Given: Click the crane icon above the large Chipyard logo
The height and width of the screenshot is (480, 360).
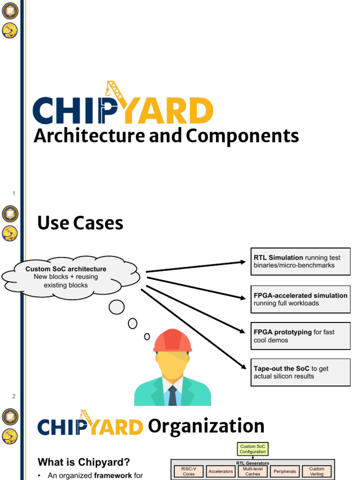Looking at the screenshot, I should pyautogui.click(x=114, y=91).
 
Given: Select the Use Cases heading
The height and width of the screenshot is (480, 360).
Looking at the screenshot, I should pyautogui.click(x=80, y=223).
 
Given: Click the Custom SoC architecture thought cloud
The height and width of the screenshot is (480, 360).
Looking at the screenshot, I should pyautogui.click(x=66, y=277).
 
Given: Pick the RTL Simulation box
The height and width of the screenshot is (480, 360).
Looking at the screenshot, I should pyautogui.click(x=300, y=262).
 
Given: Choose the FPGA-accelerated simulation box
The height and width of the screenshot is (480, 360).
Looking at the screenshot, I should pyautogui.click(x=300, y=299).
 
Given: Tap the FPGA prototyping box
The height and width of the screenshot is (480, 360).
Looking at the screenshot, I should pyautogui.click(x=300, y=336).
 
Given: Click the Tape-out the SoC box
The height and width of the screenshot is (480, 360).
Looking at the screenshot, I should pyautogui.click(x=300, y=372).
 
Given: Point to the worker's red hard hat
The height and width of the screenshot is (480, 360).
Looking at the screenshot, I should pyautogui.click(x=172, y=340).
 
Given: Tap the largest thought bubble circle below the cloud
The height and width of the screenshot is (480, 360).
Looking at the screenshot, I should pyautogui.click(x=117, y=307).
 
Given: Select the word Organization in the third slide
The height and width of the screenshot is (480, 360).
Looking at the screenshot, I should pyautogui.click(x=206, y=426).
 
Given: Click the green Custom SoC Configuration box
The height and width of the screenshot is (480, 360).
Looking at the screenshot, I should pyautogui.click(x=253, y=449).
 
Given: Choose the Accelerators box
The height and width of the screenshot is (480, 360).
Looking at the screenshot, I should pyautogui.click(x=220, y=471).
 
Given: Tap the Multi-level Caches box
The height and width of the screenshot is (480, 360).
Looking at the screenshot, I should pyautogui.click(x=253, y=471).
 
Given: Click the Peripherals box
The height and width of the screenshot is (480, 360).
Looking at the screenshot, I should pyautogui.click(x=285, y=471).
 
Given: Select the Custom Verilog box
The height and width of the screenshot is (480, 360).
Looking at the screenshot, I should pyautogui.click(x=317, y=471).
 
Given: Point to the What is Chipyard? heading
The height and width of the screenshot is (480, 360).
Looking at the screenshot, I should pyautogui.click(x=84, y=462).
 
